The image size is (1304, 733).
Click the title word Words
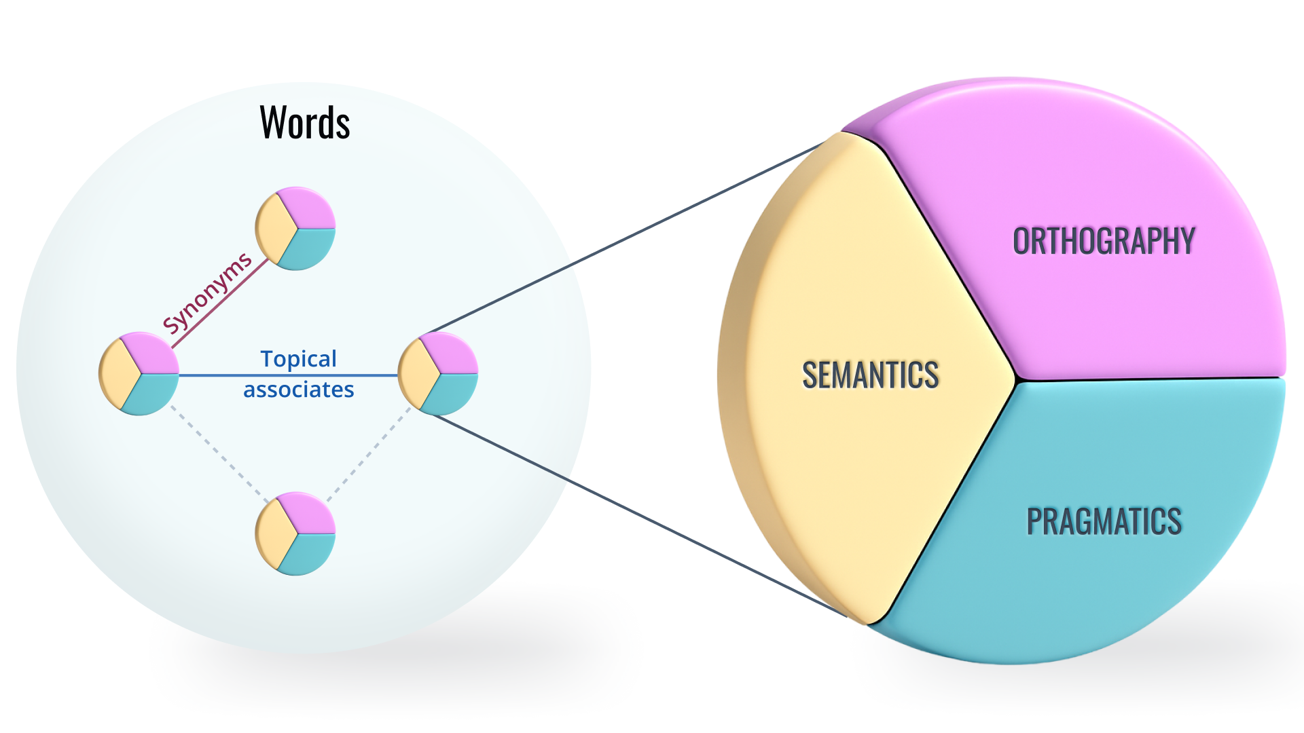[305, 123]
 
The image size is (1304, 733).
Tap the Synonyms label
[207, 293]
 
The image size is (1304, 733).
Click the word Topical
[298, 358]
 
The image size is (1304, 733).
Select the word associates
[299, 390]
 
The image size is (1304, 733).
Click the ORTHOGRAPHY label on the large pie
[1104, 242]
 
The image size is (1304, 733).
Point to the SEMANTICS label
[870, 375]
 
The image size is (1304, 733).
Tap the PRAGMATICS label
[1104, 521]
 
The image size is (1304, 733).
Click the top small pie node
[295, 229]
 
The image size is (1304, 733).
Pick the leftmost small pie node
[139, 373]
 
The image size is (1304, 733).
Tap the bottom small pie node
[295, 533]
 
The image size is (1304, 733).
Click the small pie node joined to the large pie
[438, 373]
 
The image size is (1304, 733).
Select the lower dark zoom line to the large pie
[638, 516]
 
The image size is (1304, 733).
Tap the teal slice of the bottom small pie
[309, 551]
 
